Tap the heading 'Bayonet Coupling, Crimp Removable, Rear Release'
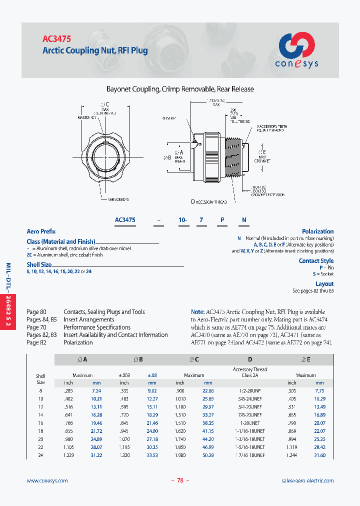tap(180, 89)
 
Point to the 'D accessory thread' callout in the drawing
tap(209, 201)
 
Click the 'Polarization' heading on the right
tap(317, 231)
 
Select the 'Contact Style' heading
tap(316, 260)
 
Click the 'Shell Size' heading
tap(39, 264)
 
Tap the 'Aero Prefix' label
tap(41, 231)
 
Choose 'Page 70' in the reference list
tap(36, 327)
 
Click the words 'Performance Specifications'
tap(97, 327)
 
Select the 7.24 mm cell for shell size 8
tap(96, 390)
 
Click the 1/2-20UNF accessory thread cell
tap(249, 390)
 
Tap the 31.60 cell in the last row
tap(319, 455)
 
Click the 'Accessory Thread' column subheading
tap(250, 369)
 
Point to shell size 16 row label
tap(40, 422)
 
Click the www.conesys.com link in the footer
tap(47, 480)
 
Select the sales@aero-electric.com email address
tap(307, 480)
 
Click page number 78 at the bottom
tap(180, 480)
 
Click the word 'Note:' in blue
tap(198, 311)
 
